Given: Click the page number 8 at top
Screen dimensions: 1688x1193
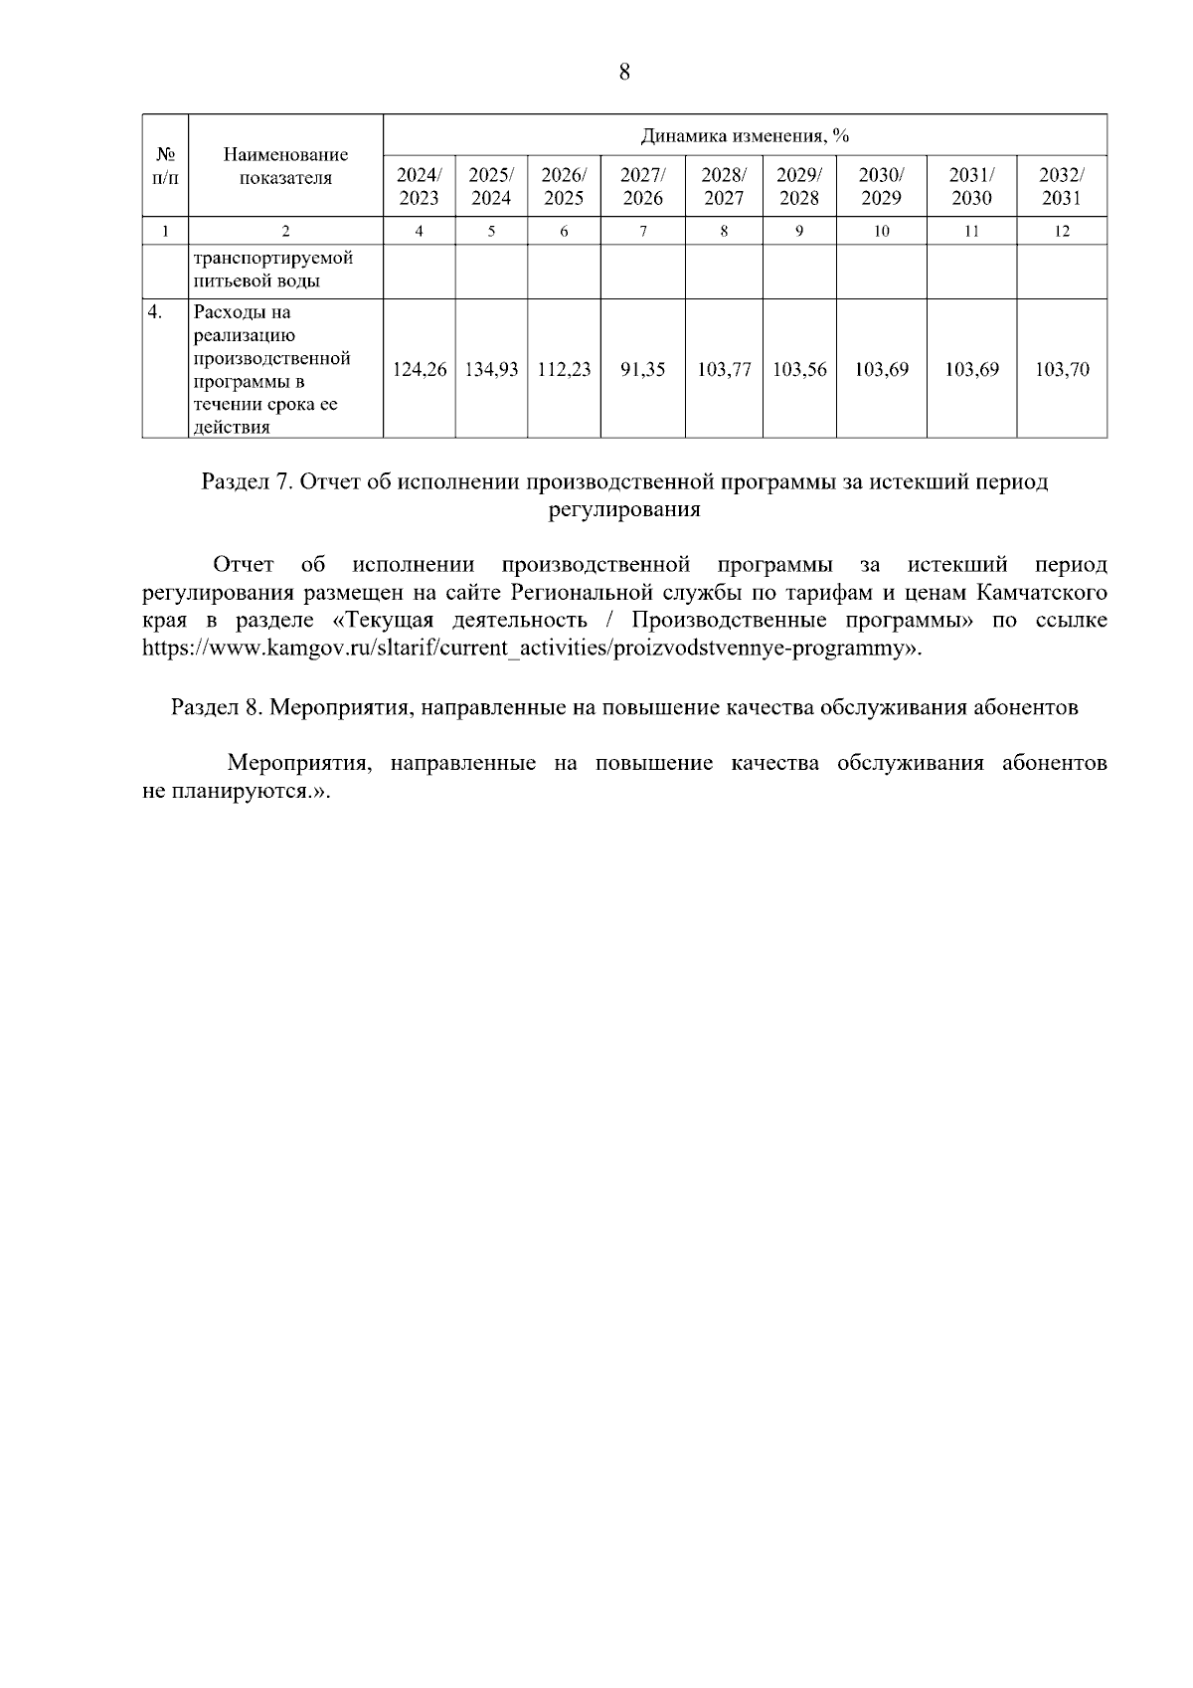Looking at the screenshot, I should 624,72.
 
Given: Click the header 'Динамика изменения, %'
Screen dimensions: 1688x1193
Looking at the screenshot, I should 745,135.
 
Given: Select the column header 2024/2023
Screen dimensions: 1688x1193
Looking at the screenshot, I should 419,186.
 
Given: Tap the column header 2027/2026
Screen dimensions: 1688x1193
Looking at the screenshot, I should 642,186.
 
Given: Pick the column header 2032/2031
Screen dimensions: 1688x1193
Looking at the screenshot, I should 1061,186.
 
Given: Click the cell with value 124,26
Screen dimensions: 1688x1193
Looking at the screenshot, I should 420,369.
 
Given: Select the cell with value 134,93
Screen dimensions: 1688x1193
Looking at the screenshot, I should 491,369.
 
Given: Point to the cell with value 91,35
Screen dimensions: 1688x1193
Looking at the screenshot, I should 642,369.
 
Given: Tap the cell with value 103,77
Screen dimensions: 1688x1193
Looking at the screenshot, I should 724,369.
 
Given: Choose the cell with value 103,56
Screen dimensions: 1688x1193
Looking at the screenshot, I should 799,369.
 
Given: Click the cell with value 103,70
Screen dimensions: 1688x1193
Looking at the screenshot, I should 1061,369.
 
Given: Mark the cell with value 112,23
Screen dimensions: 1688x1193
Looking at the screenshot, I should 564,369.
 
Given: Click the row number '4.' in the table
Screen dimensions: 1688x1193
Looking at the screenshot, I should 155,312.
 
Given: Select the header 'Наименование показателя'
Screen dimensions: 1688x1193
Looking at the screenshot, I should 285,166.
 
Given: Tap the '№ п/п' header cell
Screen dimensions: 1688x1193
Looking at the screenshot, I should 165,166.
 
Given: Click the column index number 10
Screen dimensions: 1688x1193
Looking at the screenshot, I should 881,231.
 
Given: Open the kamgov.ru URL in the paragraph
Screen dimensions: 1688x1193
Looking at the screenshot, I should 532,649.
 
